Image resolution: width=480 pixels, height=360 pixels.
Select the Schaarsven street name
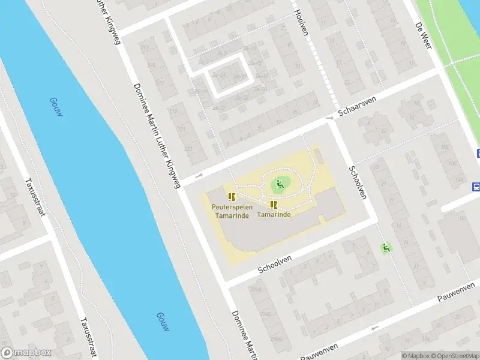tap(356, 107)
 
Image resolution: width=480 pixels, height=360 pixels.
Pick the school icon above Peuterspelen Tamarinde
tap(232, 196)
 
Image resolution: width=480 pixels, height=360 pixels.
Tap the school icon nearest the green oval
tap(274, 205)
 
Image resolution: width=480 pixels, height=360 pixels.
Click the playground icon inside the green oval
tap(278, 184)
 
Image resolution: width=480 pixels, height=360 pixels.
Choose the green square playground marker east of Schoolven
tap(386, 247)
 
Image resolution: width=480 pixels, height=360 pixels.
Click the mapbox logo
tap(26, 353)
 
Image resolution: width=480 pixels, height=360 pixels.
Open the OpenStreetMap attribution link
tap(454, 356)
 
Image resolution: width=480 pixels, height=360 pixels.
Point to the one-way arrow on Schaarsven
tap(199, 175)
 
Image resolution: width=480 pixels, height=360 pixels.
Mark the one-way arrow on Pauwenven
tap(374, 328)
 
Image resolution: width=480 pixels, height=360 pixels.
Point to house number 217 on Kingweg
tap(160, 83)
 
